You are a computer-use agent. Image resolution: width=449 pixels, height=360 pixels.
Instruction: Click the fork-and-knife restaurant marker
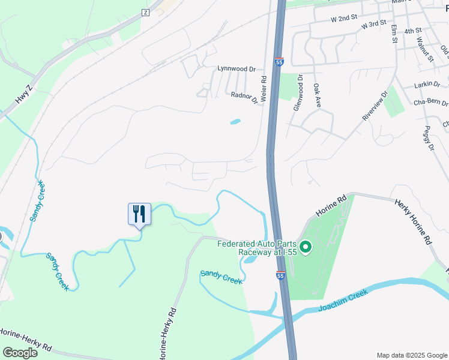click(139, 214)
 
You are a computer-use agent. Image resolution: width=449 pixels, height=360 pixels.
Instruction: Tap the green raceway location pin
click(306, 247)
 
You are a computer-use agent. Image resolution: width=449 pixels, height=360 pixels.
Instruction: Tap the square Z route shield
click(145, 13)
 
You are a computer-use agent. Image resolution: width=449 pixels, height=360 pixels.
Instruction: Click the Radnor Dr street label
click(244, 97)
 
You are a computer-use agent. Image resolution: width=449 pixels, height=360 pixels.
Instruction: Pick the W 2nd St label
click(344, 19)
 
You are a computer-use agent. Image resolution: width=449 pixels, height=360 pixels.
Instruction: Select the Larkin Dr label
click(427, 85)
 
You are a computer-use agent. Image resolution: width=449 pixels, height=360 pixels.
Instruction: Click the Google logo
click(20, 353)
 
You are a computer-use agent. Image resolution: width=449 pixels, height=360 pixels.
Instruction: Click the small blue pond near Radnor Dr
click(235, 122)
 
